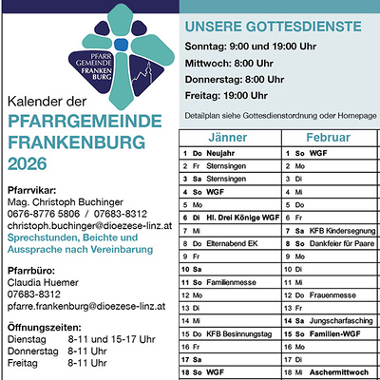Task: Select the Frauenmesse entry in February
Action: [335, 295]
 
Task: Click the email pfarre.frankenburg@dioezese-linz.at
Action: [86, 307]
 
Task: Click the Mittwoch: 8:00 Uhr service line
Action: [229, 63]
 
